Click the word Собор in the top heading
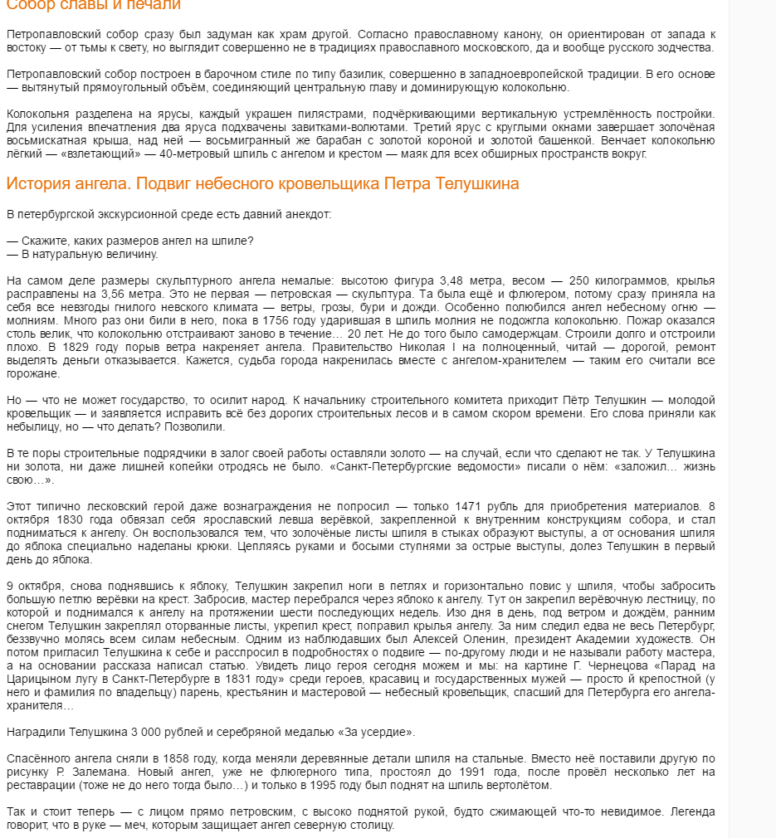click(x=29, y=5)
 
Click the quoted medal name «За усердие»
click(x=379, y=732)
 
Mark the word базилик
click(x=360, y=74)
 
